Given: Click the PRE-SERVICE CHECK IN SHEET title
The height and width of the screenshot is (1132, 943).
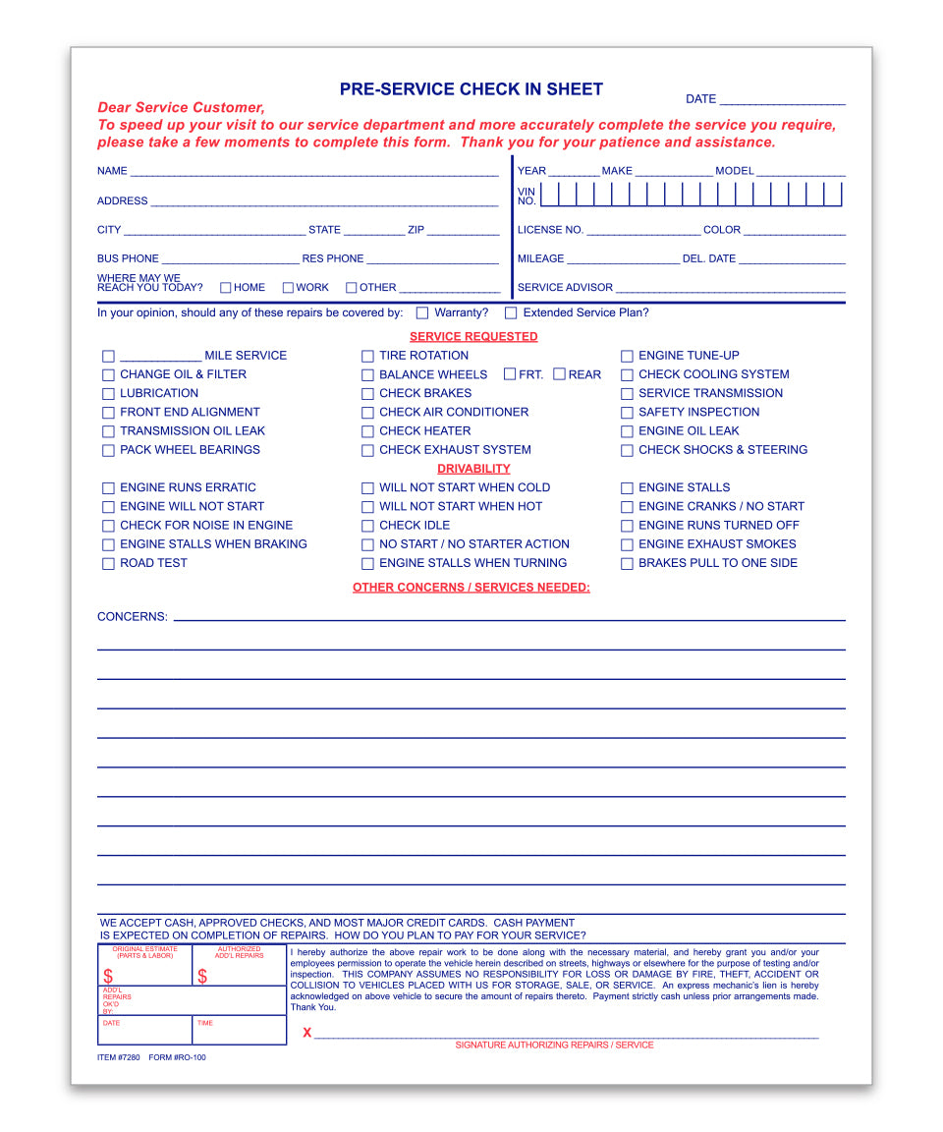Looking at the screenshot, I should pyautogui.click(x=471, y=89).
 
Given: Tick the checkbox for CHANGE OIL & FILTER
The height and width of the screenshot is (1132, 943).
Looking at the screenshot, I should pyautogui.click(x=108, y=375).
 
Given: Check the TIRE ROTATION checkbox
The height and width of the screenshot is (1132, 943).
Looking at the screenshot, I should pyautogui.click(x=367, y=357).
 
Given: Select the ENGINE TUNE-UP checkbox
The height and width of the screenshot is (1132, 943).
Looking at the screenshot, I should pyautogui.click(x=627, y=357).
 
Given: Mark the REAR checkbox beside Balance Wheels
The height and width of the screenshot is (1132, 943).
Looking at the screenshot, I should pyautogui.click(x=559, y=374).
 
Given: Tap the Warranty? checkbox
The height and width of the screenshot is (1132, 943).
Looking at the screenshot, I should pyautogui.click(x=422, y=313).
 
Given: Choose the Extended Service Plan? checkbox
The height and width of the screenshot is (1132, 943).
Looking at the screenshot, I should pyautogui.click(x=511, y=313).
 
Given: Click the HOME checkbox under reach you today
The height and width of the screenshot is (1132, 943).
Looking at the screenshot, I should pyautogui.click(x=226, y=288).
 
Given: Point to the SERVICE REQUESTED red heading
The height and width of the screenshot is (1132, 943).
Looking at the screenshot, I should pyautogui.click(x=473, y=337).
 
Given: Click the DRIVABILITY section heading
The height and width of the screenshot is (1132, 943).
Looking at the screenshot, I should pyautogui.click(x=473, y=469).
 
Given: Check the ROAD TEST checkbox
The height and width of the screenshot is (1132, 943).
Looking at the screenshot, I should pyautogui.click(x=108, y=564).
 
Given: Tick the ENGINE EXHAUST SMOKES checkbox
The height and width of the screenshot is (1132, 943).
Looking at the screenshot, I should pyautogui.click(x=627, y=545).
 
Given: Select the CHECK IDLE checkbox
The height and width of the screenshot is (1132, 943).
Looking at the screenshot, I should pyautogui.click(x=367, y=527).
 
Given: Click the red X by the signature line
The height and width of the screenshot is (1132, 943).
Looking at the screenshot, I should pyautogui.click(x=307, y=1033).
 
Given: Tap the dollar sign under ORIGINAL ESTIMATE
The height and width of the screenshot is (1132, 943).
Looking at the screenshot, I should pyautogui.click(x=108, y=977).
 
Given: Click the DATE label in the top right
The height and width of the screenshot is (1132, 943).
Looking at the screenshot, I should pyautogui.click(x=700, y=99).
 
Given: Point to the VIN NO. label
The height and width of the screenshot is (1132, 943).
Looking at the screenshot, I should pyautogui.click(x=527, y=196).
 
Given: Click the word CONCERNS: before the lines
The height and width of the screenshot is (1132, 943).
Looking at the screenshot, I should pyautogui.click(x=133, y=617).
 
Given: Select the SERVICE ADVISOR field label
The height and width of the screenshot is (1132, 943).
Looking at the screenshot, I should pyautogui.click(x=565, y=288).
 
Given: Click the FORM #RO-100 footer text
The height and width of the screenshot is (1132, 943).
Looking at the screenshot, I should pyautogui.click(x=178, y=1058).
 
